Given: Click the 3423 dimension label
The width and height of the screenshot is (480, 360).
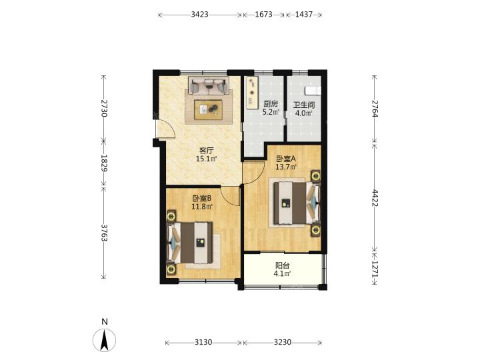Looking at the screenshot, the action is [199, 15].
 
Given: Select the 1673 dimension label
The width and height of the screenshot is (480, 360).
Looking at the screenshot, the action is [263, 15].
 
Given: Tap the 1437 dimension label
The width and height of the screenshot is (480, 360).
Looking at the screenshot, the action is [304, 15].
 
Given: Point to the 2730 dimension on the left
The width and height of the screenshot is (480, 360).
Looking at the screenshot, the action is [104, 109].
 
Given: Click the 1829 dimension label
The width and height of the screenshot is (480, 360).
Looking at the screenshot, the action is [104, 163].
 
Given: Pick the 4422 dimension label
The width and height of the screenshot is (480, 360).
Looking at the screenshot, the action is [375, 198].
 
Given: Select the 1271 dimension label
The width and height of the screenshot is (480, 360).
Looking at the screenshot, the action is [375, 269].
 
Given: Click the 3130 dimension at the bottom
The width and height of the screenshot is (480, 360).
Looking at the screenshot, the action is [203, 342].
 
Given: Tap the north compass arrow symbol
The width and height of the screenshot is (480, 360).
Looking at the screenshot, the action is [105, 340].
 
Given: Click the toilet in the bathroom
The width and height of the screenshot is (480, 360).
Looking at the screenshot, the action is [313, 91].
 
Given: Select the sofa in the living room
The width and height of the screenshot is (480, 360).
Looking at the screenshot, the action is [209, 85].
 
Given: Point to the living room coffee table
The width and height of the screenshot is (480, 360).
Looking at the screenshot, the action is [209, 109].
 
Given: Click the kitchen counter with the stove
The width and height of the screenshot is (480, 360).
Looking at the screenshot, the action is [252, 93].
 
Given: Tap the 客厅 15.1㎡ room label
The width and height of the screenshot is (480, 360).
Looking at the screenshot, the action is [206, 155].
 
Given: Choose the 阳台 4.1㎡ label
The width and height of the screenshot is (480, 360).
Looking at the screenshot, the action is [282, 269].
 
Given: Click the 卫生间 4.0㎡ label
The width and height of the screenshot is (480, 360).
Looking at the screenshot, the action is [304, 109].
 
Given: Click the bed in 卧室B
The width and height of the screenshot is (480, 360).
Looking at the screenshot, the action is [190, 243].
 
